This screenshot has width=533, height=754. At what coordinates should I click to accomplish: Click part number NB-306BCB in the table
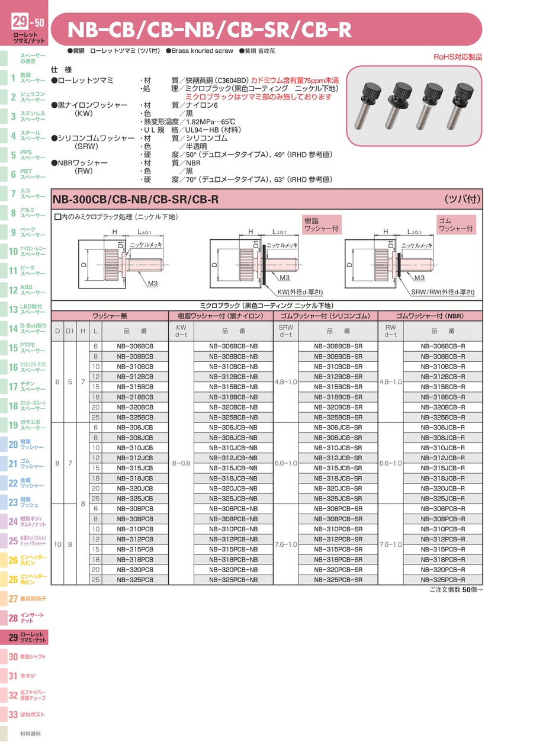[134, 346]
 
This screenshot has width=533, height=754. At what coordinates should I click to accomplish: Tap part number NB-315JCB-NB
[233, 468]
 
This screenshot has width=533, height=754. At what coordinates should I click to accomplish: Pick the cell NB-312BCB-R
[443, 376]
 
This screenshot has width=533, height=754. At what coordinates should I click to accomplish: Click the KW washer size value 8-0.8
[181, 463]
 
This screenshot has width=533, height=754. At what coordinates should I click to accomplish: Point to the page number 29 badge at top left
[20, 23]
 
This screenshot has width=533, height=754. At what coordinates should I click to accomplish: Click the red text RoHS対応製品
[458, 57]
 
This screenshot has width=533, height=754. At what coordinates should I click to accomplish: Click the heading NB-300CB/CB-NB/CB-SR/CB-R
[136, 200]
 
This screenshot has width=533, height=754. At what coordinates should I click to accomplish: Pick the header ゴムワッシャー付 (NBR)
[430, 316]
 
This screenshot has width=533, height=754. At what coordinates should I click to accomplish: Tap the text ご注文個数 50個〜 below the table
[452, 591]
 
